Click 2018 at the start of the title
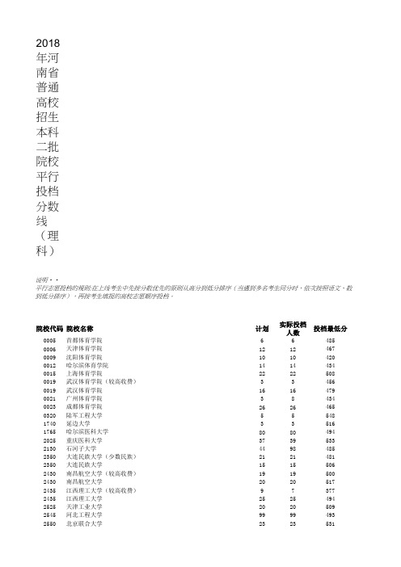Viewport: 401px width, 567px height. (x=49, y=42)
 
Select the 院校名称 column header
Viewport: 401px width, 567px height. (x=81, y=330)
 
